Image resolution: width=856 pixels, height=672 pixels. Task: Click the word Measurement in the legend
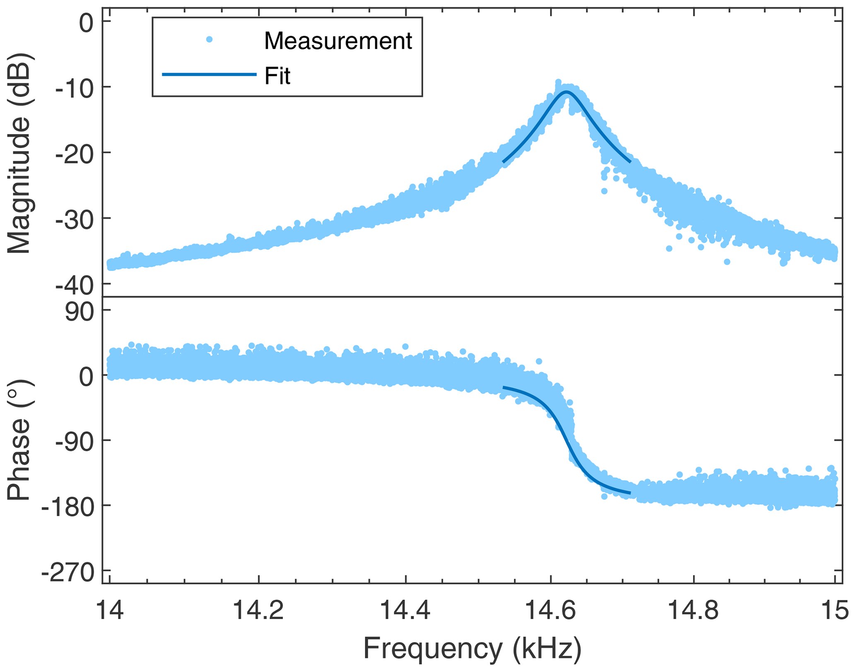pyautogui.click(x=338, y=41)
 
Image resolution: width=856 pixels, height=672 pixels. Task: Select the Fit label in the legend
pyautogui.click(x=277, y=76)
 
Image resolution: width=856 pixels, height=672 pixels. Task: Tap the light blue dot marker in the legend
pyautogui.click(x=210, y=40)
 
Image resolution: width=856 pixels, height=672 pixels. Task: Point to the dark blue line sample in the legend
pyautogui.click(x=209, y=75)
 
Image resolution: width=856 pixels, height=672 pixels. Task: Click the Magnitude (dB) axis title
pyautogui.click(x=19, y=153)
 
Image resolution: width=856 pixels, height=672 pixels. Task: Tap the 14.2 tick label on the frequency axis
pyautogui.click(x=258, y=610)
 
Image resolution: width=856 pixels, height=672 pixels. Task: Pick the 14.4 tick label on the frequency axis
pyautogui.click(x=405, y=610)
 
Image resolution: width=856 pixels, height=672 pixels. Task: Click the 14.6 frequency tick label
pyautogui.click(x=550, y=610)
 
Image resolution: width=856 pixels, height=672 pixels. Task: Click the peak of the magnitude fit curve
pyautogui.click(x=566, y=92)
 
